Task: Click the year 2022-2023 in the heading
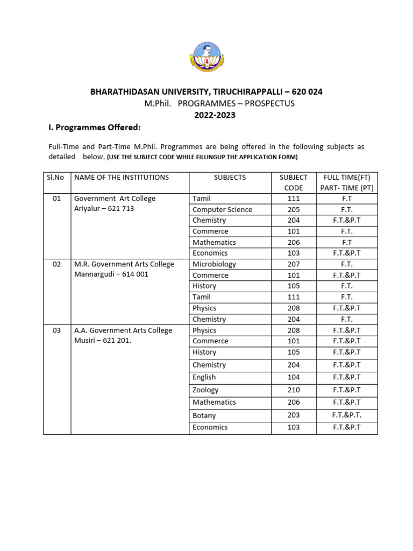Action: tap(206, 115)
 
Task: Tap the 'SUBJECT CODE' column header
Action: tap(294, 182)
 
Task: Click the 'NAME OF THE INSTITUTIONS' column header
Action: tap(122, 177)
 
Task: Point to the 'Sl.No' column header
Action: tap(56, 177)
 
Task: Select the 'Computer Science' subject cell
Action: tap(222, 209)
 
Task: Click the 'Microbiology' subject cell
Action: tap(214, 264)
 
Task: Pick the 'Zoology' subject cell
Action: tap(205, 390)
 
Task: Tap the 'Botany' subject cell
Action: tap(204, 415)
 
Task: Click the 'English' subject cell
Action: tap(204, 377)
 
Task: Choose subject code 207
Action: tap(294, 264)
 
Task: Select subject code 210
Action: tap(294, 390)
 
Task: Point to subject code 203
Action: tap(294, 415)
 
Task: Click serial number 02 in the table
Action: tap(56, 264)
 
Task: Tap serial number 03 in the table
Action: tap(56, 330)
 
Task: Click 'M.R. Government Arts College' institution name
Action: tap(124, 264)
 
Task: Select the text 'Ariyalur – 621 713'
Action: tap(104, 209)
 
